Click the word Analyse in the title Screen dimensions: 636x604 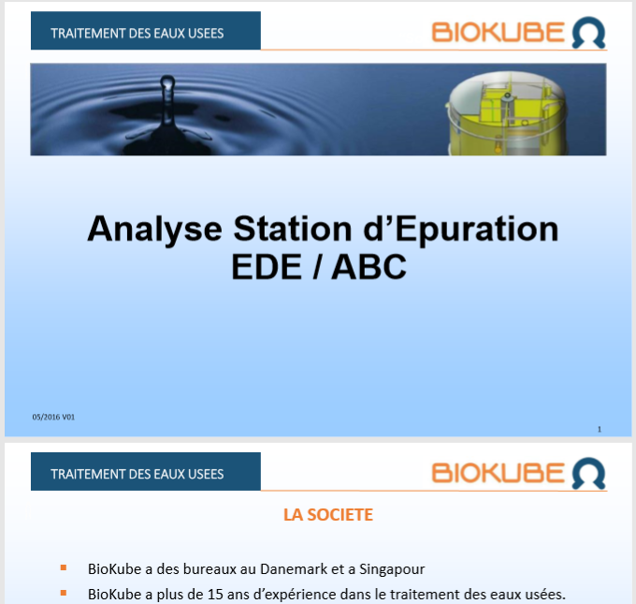coord(154,229)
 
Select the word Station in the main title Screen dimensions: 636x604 coord(293,228)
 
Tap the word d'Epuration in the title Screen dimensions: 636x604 coord(461,229)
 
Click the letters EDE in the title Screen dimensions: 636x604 coord(267,267)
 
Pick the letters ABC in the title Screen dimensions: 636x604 coord(369,267)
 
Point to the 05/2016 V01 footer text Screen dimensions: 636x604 coord(53,417)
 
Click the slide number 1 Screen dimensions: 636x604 coord(600,429)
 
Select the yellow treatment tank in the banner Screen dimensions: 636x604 coord(507,113)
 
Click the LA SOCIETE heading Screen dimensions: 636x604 coord(328,515)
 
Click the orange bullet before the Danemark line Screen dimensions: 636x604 coord(64,567)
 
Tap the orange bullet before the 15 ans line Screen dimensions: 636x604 coord(64,593)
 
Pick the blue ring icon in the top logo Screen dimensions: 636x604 coord(588,33)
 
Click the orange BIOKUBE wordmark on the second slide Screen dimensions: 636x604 coord(499,473)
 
